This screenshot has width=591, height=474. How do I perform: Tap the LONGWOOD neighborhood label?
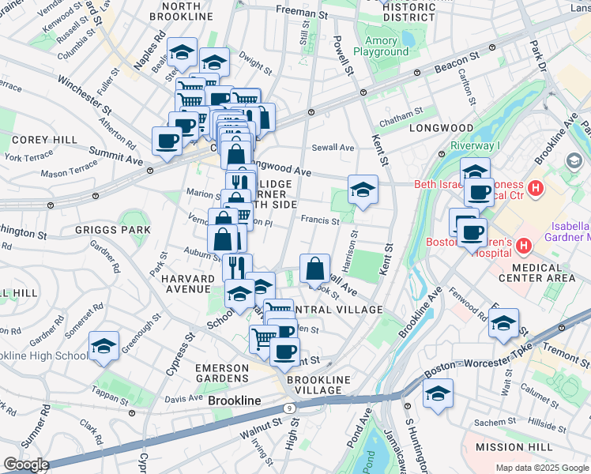click(441, 128)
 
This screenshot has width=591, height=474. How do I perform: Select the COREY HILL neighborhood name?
click(33, 139)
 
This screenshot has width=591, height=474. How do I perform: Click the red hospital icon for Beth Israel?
click(536, 188)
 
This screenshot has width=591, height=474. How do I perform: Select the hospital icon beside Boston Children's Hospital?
click(521, 247)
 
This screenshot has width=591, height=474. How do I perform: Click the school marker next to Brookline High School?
click(104, 347)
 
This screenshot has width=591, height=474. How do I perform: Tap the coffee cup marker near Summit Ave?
click(167, 141)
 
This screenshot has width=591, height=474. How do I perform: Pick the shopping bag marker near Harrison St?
click(314, 269)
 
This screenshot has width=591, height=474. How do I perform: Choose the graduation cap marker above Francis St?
click(363, 190)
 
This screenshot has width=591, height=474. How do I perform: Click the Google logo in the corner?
click(26, 465)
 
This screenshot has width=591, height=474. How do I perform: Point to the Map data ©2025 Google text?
click(541, 468)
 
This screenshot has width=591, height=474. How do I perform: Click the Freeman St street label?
click(301, 13)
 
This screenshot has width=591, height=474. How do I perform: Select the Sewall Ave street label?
click(333, 147)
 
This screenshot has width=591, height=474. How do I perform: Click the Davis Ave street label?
click(183, 397)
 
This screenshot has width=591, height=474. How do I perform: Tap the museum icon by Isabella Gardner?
click(573, 161)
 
